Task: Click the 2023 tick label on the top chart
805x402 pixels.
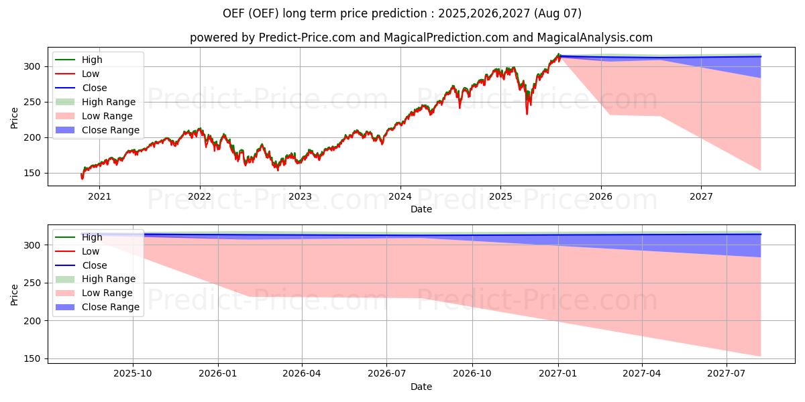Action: click(300, 196)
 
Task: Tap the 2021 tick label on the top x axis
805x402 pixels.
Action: click(99, 196)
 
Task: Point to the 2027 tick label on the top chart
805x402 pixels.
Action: click(701, 196)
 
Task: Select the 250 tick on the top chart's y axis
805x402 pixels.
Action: click(36, 102)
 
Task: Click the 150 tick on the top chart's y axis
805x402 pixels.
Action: click(36, 173)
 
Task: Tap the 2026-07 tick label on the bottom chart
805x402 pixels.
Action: click(386, 374)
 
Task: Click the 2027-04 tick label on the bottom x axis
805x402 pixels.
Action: click(642, 374)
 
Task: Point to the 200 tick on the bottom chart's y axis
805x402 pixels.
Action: click(36, 321)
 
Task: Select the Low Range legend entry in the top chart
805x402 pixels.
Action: click(107, 116)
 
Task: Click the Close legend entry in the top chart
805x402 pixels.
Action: click(94, 88)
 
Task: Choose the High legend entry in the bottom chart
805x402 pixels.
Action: click(92, 237)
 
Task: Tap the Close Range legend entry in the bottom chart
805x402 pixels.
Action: click(110, 307)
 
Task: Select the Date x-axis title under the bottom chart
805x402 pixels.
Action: click(421, 387)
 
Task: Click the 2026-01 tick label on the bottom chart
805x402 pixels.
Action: click(217, 374)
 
